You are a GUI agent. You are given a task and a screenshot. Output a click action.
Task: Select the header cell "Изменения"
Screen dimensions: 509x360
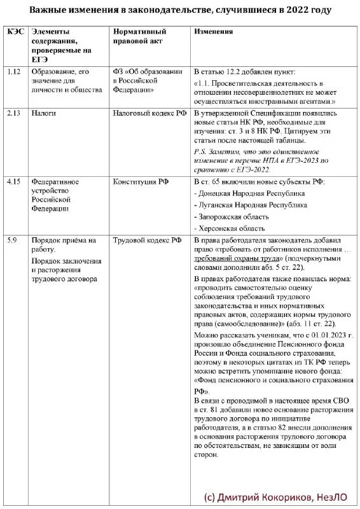click(214, 31)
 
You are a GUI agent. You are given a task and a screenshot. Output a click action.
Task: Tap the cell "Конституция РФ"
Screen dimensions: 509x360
click(139, 181)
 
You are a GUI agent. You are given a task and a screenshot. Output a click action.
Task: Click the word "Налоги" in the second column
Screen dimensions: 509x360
click(43, 112)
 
